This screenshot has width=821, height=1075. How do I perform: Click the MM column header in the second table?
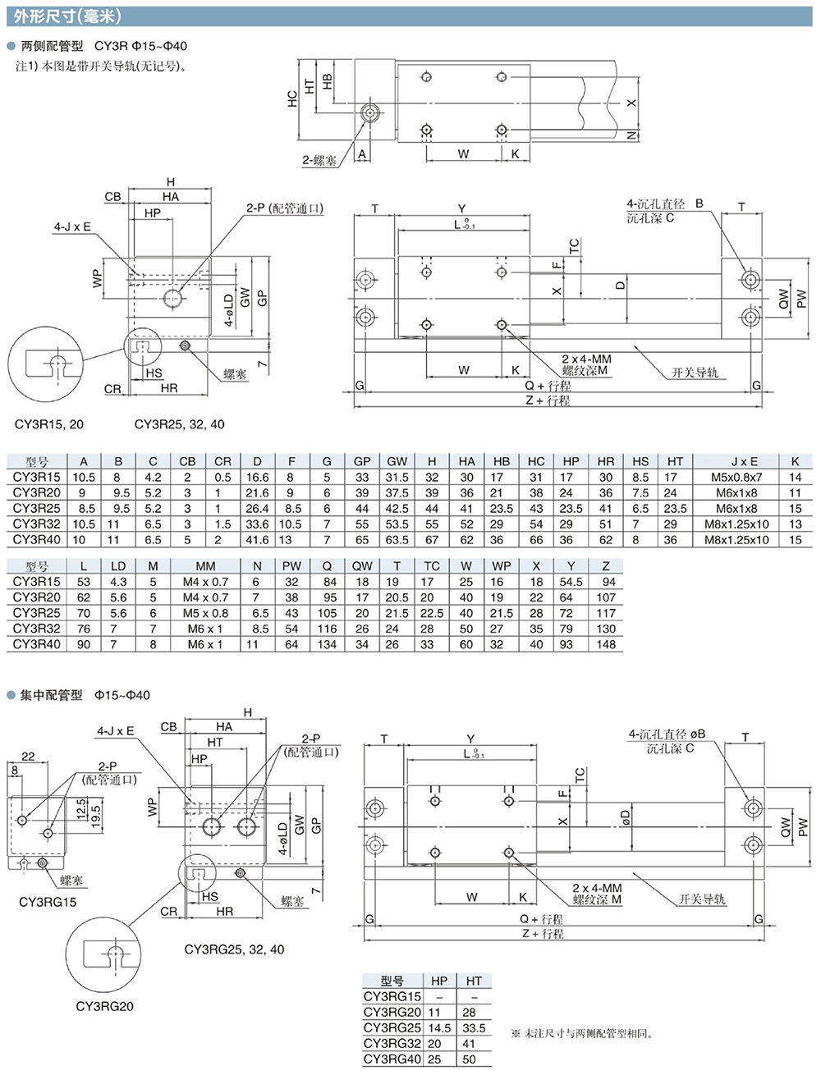click(x=205, y=566)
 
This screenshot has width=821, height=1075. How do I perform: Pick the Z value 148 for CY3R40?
click(x=607, y=644)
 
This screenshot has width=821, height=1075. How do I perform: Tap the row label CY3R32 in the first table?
click(x=37, y=524)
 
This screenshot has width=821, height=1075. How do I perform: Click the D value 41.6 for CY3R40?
click(x=257, y=539)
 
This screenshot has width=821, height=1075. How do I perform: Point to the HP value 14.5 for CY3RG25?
click(x=439, y=1027)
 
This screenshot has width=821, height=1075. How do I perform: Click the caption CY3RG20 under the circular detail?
click(x=105, y=1006)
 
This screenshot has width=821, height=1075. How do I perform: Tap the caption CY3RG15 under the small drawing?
click(x=48, y=902)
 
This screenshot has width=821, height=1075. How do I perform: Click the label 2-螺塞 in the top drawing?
click(x=319, y=160)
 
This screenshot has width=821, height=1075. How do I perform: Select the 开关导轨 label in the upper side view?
click(x=694, y=373)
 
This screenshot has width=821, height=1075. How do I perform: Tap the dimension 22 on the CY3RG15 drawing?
click(x=28, y=756)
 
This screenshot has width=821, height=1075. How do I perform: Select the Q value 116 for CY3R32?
click(x=327, y=629)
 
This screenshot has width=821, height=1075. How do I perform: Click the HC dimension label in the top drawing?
click(x=292, y=98)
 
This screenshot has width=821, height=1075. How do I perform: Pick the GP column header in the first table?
click(x=362, y=461)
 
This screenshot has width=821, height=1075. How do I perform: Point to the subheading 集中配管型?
click(x=51, y=695)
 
